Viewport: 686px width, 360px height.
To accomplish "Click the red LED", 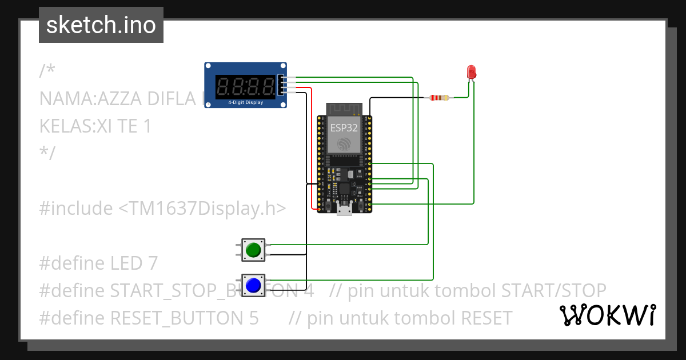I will (472, 72).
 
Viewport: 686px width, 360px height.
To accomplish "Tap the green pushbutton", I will (252, 250).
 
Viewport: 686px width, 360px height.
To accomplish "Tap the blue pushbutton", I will (253, 285).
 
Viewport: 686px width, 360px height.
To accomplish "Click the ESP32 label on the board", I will (344, 127).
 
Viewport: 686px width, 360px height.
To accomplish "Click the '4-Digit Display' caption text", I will (245, 103).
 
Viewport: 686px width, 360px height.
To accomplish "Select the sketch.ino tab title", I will (101, 25).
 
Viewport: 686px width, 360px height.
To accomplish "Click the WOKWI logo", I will (607, 315).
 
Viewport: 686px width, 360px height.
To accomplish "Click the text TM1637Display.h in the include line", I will (202, 209).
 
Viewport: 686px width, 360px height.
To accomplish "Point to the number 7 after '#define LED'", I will (152, 263).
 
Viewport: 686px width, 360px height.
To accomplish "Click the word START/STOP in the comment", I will (553, 291).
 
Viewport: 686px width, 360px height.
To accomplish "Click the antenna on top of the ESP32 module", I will (344, 109).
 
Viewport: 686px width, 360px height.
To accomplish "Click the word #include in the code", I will (76, 209).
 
